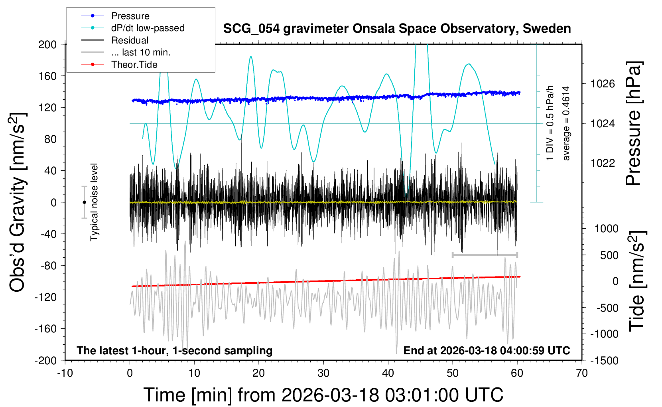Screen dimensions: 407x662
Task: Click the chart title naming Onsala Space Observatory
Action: tap(397, 29)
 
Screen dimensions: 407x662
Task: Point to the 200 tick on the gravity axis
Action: tap(47, 44)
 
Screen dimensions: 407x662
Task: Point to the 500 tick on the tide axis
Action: tap(609, 255)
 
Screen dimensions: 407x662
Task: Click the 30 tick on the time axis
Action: tap(323, 373)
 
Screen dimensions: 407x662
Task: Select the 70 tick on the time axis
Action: tap(582, 373)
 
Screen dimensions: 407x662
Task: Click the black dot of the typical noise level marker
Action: tap(84, 202)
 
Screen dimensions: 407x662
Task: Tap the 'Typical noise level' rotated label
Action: tap(94, 202)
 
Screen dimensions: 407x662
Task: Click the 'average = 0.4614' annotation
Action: tap(566, 124)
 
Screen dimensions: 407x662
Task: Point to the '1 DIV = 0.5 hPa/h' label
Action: tap(550, 123)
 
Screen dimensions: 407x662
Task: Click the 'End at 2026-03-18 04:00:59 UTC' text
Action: tap(487, 351)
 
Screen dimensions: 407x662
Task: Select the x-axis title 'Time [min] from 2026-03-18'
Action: tap(323, 395)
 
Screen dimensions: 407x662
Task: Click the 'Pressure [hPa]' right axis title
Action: tap(634, 124)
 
